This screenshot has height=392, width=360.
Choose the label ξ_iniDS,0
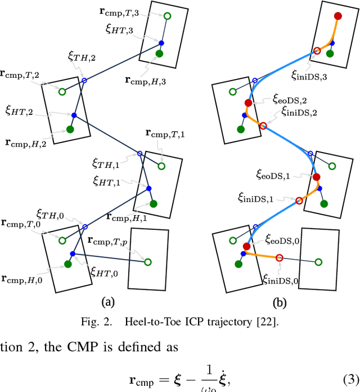click(x=281, y=279)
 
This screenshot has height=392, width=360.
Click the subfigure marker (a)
click(x=106, y=302)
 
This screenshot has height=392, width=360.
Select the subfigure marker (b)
click(x=279, y=302)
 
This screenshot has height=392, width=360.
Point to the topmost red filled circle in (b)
click(x=337, y=17)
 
